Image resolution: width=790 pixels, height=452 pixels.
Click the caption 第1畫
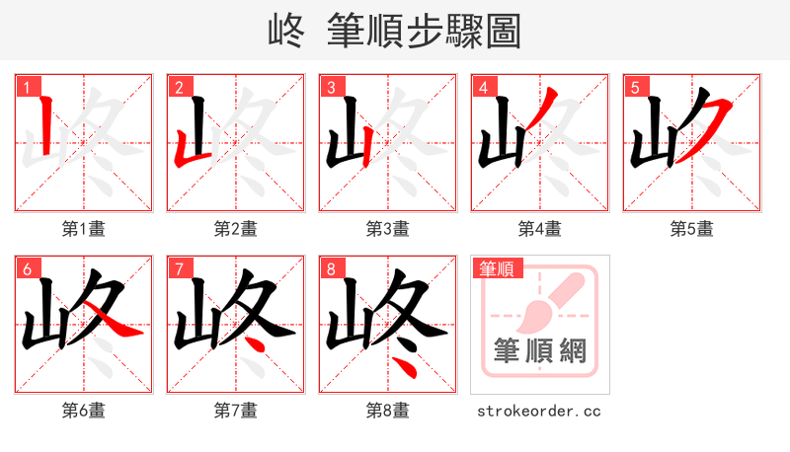click(x=83, y=229)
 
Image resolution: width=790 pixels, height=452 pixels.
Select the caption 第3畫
click(x=387, y=229)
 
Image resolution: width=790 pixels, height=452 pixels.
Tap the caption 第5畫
click(x=691, y=229)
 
